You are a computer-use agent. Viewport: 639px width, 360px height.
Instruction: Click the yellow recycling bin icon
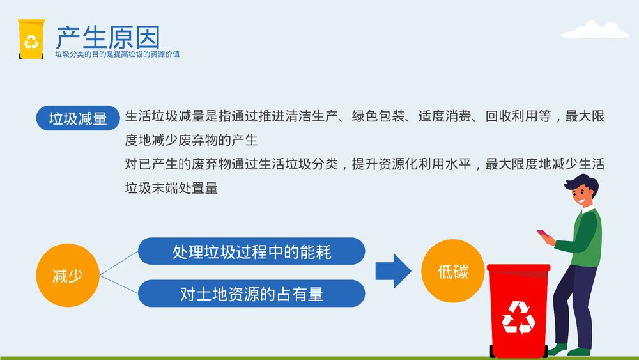click(31, 39)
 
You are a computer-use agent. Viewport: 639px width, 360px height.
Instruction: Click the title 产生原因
click(107, 36)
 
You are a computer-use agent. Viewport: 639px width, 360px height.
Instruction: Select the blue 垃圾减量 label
click(78, 118)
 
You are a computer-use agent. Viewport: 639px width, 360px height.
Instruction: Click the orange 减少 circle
click(67, 276)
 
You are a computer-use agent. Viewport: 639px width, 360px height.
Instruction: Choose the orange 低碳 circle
click(452, 272)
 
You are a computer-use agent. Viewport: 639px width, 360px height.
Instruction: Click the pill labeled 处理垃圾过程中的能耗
click(251, 251)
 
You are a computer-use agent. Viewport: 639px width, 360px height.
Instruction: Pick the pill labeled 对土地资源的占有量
click(251, 293)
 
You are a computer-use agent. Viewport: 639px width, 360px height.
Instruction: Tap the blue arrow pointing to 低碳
click(392, 271)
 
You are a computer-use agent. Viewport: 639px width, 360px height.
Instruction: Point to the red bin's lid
click(518, 268)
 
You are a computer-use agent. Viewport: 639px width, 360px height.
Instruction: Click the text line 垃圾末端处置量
click(171, 188)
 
